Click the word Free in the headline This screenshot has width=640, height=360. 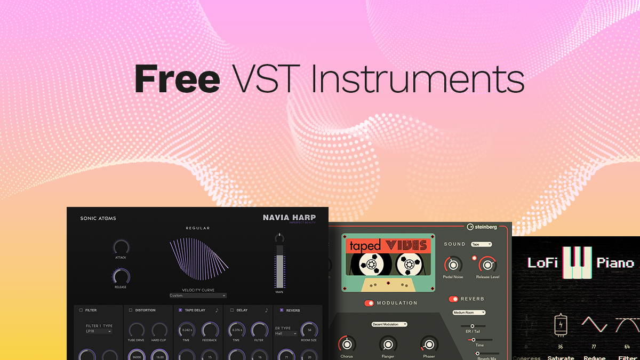177,78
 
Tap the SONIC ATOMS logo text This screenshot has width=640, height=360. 98,218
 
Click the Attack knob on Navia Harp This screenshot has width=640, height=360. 121,247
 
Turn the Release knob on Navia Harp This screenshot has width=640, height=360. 121,275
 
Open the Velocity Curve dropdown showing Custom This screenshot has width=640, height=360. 198,295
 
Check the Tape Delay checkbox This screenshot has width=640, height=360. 180,310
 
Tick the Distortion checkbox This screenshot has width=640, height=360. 131,310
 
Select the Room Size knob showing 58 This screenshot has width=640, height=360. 309,330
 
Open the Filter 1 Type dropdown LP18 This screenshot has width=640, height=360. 99,331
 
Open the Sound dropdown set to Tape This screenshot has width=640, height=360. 481,244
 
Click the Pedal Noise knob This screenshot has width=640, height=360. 453,264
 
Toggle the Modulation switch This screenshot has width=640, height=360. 369,303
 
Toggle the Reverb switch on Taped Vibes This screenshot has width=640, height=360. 453,299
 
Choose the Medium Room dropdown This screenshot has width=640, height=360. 469,313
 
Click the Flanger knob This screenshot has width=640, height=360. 388,344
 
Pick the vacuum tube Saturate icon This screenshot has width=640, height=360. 561,325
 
